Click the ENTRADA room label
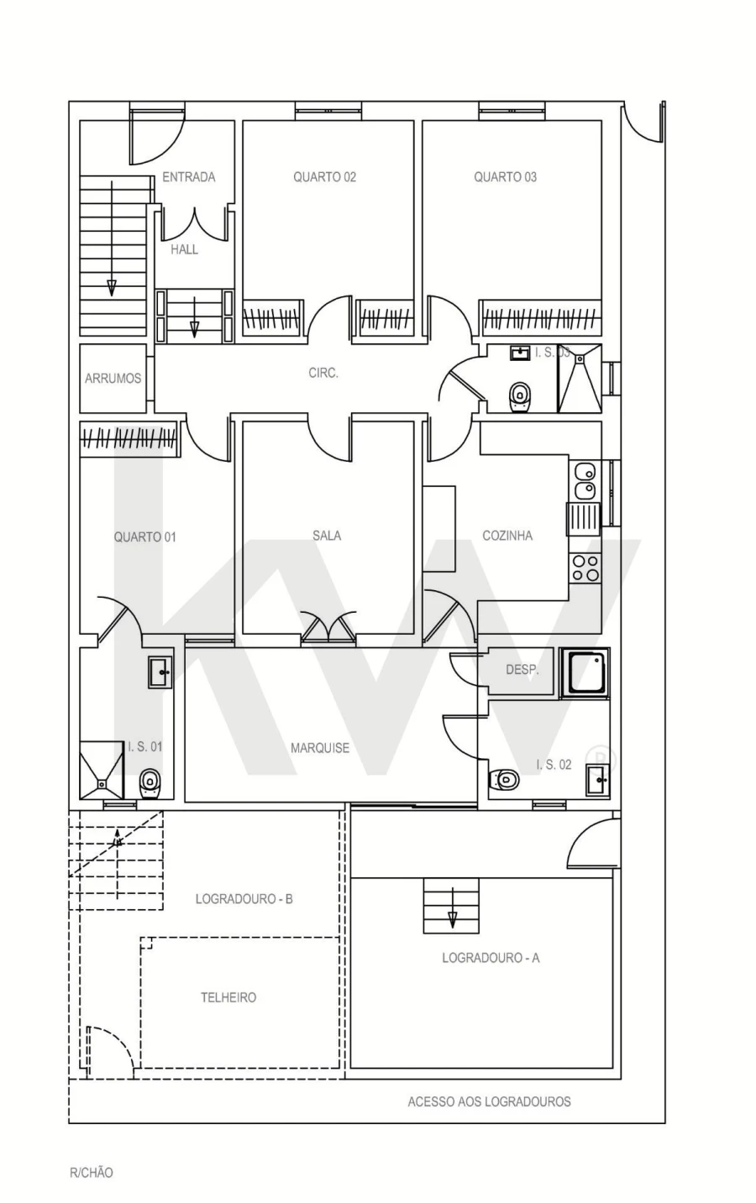point(188,177)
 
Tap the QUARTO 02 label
point(324,177)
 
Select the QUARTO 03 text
point(505,177)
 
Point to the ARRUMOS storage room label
point(113,379)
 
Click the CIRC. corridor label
point(323,374)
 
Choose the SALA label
point(327,536)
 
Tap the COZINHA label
point(507,536)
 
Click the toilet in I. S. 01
point(149,783)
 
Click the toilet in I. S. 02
point(505,781)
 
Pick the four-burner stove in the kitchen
point(585,568)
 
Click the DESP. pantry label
point(522,671)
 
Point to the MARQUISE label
point(320,748)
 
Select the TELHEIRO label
point(228,997)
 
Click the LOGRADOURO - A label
point(491,958)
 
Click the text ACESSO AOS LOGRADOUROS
point(489,1101)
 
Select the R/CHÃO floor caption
point(91,1173)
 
